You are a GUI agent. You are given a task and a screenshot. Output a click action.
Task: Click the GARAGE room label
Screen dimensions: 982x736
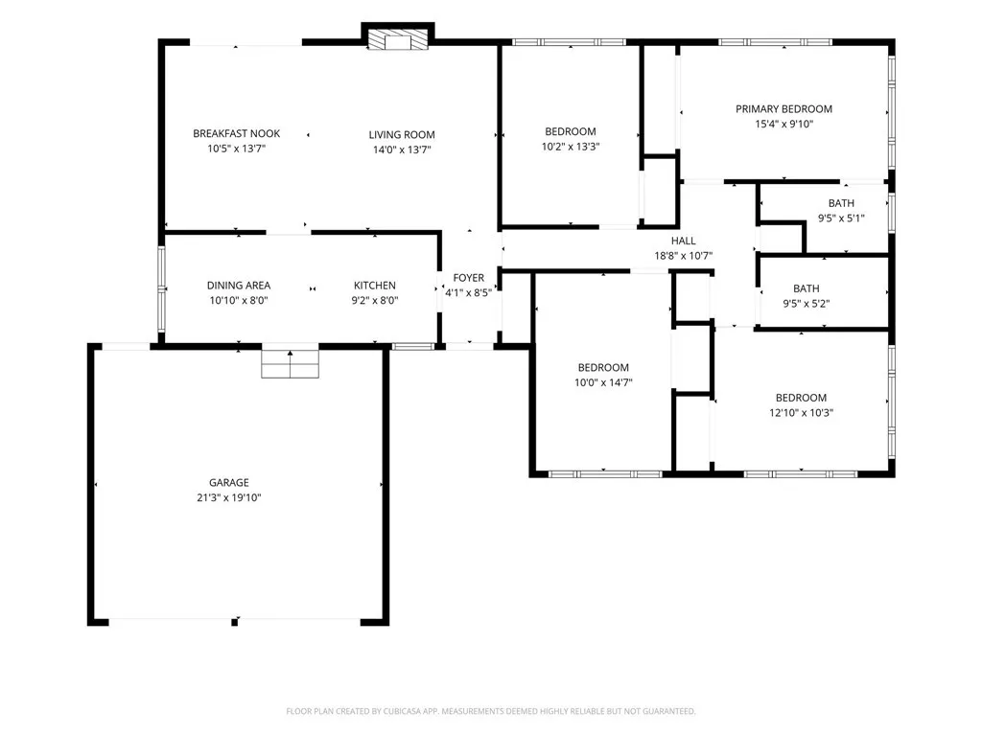click(228, 483)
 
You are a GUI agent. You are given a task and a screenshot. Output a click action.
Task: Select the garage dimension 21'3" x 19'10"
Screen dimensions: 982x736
click(228, 497)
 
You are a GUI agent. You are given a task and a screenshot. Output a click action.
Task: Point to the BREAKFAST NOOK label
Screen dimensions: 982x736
click(236, 133)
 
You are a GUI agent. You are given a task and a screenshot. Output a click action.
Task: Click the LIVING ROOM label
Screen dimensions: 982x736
click(402, 134)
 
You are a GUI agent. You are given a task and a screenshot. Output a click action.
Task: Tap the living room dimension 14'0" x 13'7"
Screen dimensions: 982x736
click(402, 149)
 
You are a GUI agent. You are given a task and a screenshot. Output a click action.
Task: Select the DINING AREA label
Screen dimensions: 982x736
click(239, 286)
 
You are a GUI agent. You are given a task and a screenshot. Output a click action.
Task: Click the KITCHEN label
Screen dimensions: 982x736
click(375, 286)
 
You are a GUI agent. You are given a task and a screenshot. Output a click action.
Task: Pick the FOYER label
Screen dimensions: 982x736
click(468, 278)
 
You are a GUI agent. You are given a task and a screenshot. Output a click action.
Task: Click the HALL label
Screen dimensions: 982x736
click(683, 241)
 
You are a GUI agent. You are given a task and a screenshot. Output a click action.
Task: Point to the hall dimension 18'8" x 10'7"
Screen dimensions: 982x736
click(683, 255)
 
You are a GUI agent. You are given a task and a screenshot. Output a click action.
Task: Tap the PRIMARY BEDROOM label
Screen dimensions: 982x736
click(783, 109)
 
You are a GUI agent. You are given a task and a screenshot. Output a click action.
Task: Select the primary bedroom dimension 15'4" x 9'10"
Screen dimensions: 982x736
click(783, 124)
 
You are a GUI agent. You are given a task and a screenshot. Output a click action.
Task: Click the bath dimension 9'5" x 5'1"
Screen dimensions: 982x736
click(841, 218)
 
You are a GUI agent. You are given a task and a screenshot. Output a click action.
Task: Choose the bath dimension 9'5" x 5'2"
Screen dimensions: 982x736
click(806, 304)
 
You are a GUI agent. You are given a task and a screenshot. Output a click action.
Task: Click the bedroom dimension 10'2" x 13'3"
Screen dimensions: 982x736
click(570, 147)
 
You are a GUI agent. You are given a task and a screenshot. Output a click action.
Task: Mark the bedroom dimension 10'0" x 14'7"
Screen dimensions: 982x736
click(603, 382)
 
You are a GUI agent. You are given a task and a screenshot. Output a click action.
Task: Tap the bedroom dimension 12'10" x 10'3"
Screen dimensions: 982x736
click(801, 412)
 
